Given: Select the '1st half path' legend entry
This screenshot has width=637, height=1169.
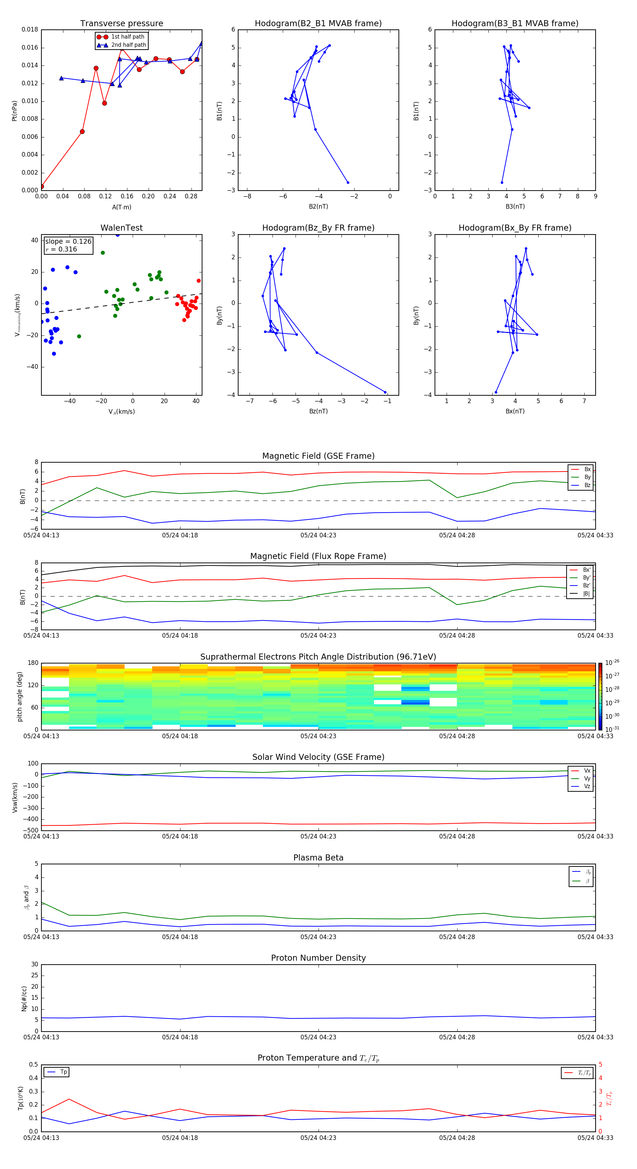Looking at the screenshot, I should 127,37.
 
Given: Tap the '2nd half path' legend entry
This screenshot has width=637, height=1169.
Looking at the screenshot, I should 128,45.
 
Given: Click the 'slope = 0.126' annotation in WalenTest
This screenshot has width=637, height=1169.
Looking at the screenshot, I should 68,242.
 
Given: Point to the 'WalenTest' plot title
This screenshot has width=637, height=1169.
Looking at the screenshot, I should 121,228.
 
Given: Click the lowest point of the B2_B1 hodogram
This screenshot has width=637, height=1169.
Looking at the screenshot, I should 348,182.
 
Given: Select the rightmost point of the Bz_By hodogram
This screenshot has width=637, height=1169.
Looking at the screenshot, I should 385,392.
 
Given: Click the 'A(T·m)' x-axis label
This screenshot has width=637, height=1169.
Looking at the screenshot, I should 121,207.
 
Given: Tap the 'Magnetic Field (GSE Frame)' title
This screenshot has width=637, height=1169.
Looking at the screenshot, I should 318,456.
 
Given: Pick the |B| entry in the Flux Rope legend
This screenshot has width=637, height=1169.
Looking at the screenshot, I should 586,594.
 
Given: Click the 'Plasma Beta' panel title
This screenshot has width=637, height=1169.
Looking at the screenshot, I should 318,858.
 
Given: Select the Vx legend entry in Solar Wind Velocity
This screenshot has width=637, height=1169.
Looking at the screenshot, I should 587,770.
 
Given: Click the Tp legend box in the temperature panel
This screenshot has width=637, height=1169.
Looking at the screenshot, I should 57,1072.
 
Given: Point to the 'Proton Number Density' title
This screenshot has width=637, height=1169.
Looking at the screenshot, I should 318,958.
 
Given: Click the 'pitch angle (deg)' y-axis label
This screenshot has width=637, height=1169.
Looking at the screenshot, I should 19,696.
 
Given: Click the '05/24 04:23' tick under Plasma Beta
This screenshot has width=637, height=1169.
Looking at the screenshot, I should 318,937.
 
